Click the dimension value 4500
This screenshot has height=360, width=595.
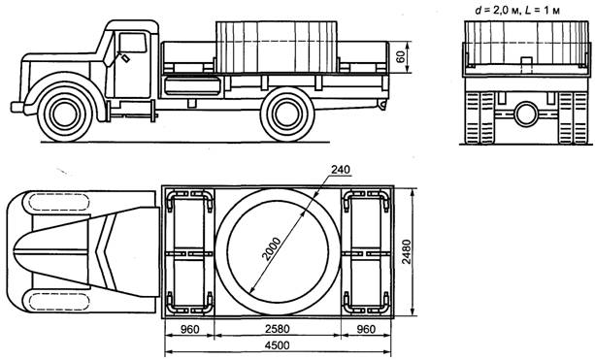click(278, 345)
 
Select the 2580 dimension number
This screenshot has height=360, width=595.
click(278, 329)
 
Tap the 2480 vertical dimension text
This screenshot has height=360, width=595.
click(406, 252)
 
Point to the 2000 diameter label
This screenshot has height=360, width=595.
click(272, 249)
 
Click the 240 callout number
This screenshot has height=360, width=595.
click(341, 170)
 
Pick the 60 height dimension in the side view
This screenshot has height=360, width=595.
click(401, 57)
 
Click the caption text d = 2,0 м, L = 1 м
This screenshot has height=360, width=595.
click(517, 11)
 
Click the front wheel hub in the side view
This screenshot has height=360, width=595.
click(65, 115)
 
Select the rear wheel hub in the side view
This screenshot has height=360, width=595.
click(287, 115)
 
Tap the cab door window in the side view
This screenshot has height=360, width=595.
click(132, 43)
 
